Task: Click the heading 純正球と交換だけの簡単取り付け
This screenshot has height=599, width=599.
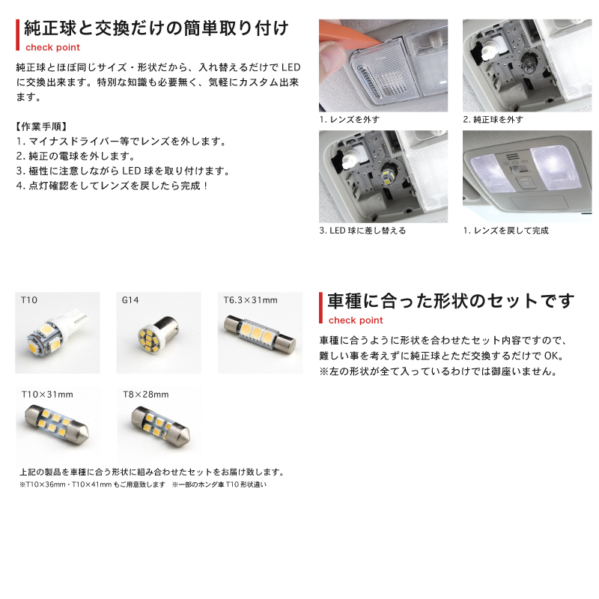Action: coord(155,29)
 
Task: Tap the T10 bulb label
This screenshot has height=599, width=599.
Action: coord(30,300)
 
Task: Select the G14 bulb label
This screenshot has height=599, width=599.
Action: coord(130,300)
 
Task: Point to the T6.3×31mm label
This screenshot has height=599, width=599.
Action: coord(250,300)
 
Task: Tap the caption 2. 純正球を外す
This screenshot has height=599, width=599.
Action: coord(493,120)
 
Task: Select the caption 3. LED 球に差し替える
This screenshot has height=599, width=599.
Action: coord(362,231)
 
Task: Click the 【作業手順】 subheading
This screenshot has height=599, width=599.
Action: coord(41,126)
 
